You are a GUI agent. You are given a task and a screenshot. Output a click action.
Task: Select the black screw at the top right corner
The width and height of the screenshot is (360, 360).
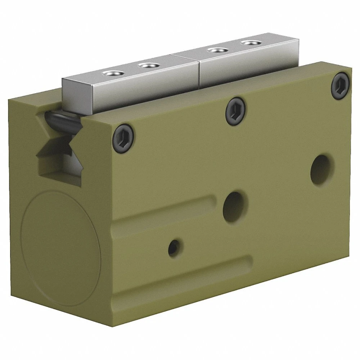(340, 86)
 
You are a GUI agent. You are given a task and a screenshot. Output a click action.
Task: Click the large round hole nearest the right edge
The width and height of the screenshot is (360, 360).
(321, 169)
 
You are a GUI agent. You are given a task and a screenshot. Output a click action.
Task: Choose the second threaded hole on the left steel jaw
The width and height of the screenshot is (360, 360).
(147, 66)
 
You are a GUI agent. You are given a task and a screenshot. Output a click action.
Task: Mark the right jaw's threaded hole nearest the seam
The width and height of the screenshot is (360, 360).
(216, 50)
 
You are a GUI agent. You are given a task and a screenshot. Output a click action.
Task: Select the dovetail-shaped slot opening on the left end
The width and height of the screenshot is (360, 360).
(58, 151)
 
